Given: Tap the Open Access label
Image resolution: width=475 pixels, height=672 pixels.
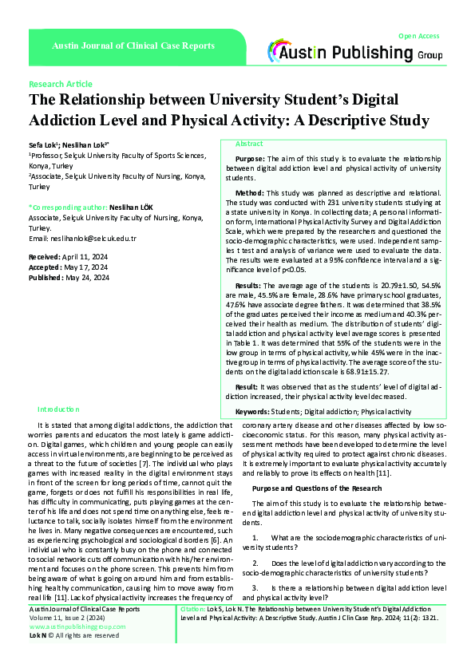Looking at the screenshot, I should [x=418, y=36].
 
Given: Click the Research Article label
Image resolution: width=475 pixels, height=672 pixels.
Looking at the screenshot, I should [x=60, y=84].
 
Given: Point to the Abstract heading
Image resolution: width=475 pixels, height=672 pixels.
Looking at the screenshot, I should [x=249, y=144].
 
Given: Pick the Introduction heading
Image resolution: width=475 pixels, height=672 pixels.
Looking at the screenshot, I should [x=59, y=408].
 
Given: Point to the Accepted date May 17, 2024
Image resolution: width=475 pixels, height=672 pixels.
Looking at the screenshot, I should [x=83, y=267].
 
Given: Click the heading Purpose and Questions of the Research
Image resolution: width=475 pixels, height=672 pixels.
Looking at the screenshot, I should [x=317, y=488].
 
